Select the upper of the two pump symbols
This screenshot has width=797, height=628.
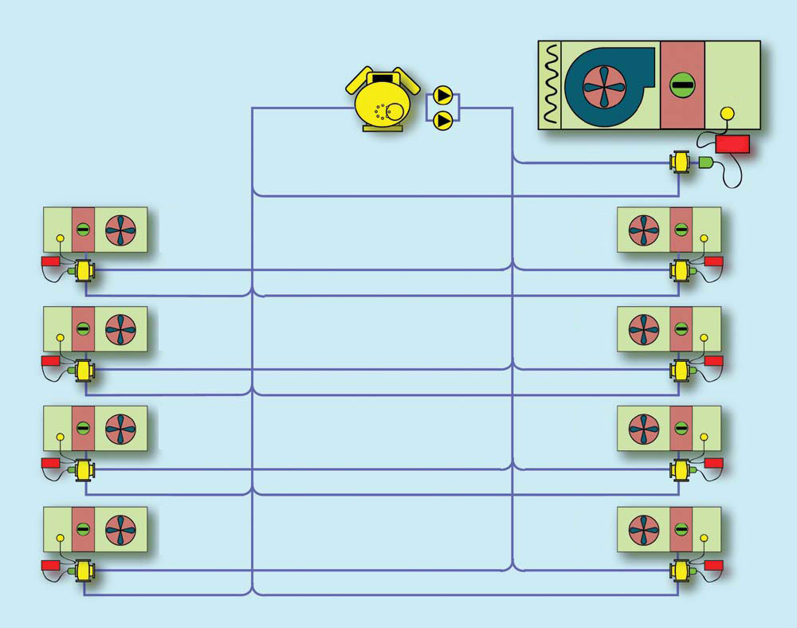pos(443,99)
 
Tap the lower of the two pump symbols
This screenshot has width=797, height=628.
pos(443,120)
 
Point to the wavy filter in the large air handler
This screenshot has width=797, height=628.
pos(550,84)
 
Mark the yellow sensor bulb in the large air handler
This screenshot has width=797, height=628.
pos(726,113)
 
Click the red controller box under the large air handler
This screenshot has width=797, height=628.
pos(732,143)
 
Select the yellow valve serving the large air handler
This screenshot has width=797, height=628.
pos(680,163)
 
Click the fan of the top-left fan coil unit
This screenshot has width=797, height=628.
pos(120,230)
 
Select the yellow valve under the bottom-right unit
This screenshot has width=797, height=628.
pos(681,571)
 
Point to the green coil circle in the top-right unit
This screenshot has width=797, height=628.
pos(681,230)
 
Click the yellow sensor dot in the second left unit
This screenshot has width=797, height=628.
pos(61,338)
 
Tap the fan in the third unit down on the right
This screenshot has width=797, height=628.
pos(643,429)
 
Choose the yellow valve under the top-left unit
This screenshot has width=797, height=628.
pos(84,271)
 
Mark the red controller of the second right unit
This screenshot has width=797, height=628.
pos(713,360)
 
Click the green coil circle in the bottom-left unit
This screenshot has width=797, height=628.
pos(83,528)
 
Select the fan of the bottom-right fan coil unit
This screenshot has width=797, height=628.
pos(643,528)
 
